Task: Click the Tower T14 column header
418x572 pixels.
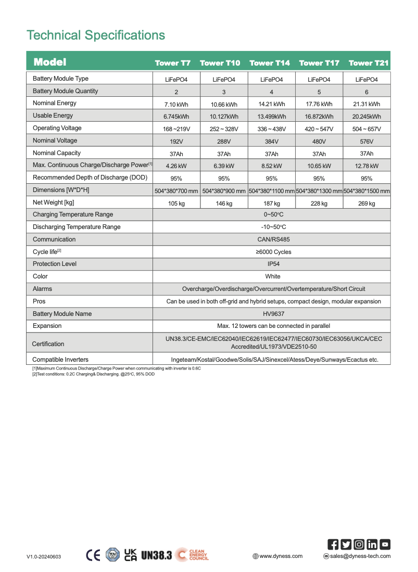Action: (270, 63)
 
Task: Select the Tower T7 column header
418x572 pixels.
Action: (173, 63)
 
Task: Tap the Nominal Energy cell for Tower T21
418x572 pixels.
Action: (366, 104)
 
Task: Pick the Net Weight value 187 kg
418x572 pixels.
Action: (271, 204)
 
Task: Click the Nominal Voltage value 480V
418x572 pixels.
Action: (319, 142)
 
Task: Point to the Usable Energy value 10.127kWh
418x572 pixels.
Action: (224, 117)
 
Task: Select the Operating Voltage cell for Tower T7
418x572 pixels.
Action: (176, 129)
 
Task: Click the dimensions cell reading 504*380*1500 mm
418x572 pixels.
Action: (366, 191)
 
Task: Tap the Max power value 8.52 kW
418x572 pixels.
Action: (271, 166)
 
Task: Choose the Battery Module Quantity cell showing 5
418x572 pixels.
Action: (319, 92)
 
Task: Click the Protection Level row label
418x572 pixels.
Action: (55, 264)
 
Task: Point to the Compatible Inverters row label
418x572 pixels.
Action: (60, 360)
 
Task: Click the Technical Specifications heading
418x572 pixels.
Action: (96, 35)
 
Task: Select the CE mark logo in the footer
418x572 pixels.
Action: (93, 555)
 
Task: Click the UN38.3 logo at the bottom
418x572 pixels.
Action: (156, 555)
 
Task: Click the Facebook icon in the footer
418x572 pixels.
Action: (333, 544)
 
